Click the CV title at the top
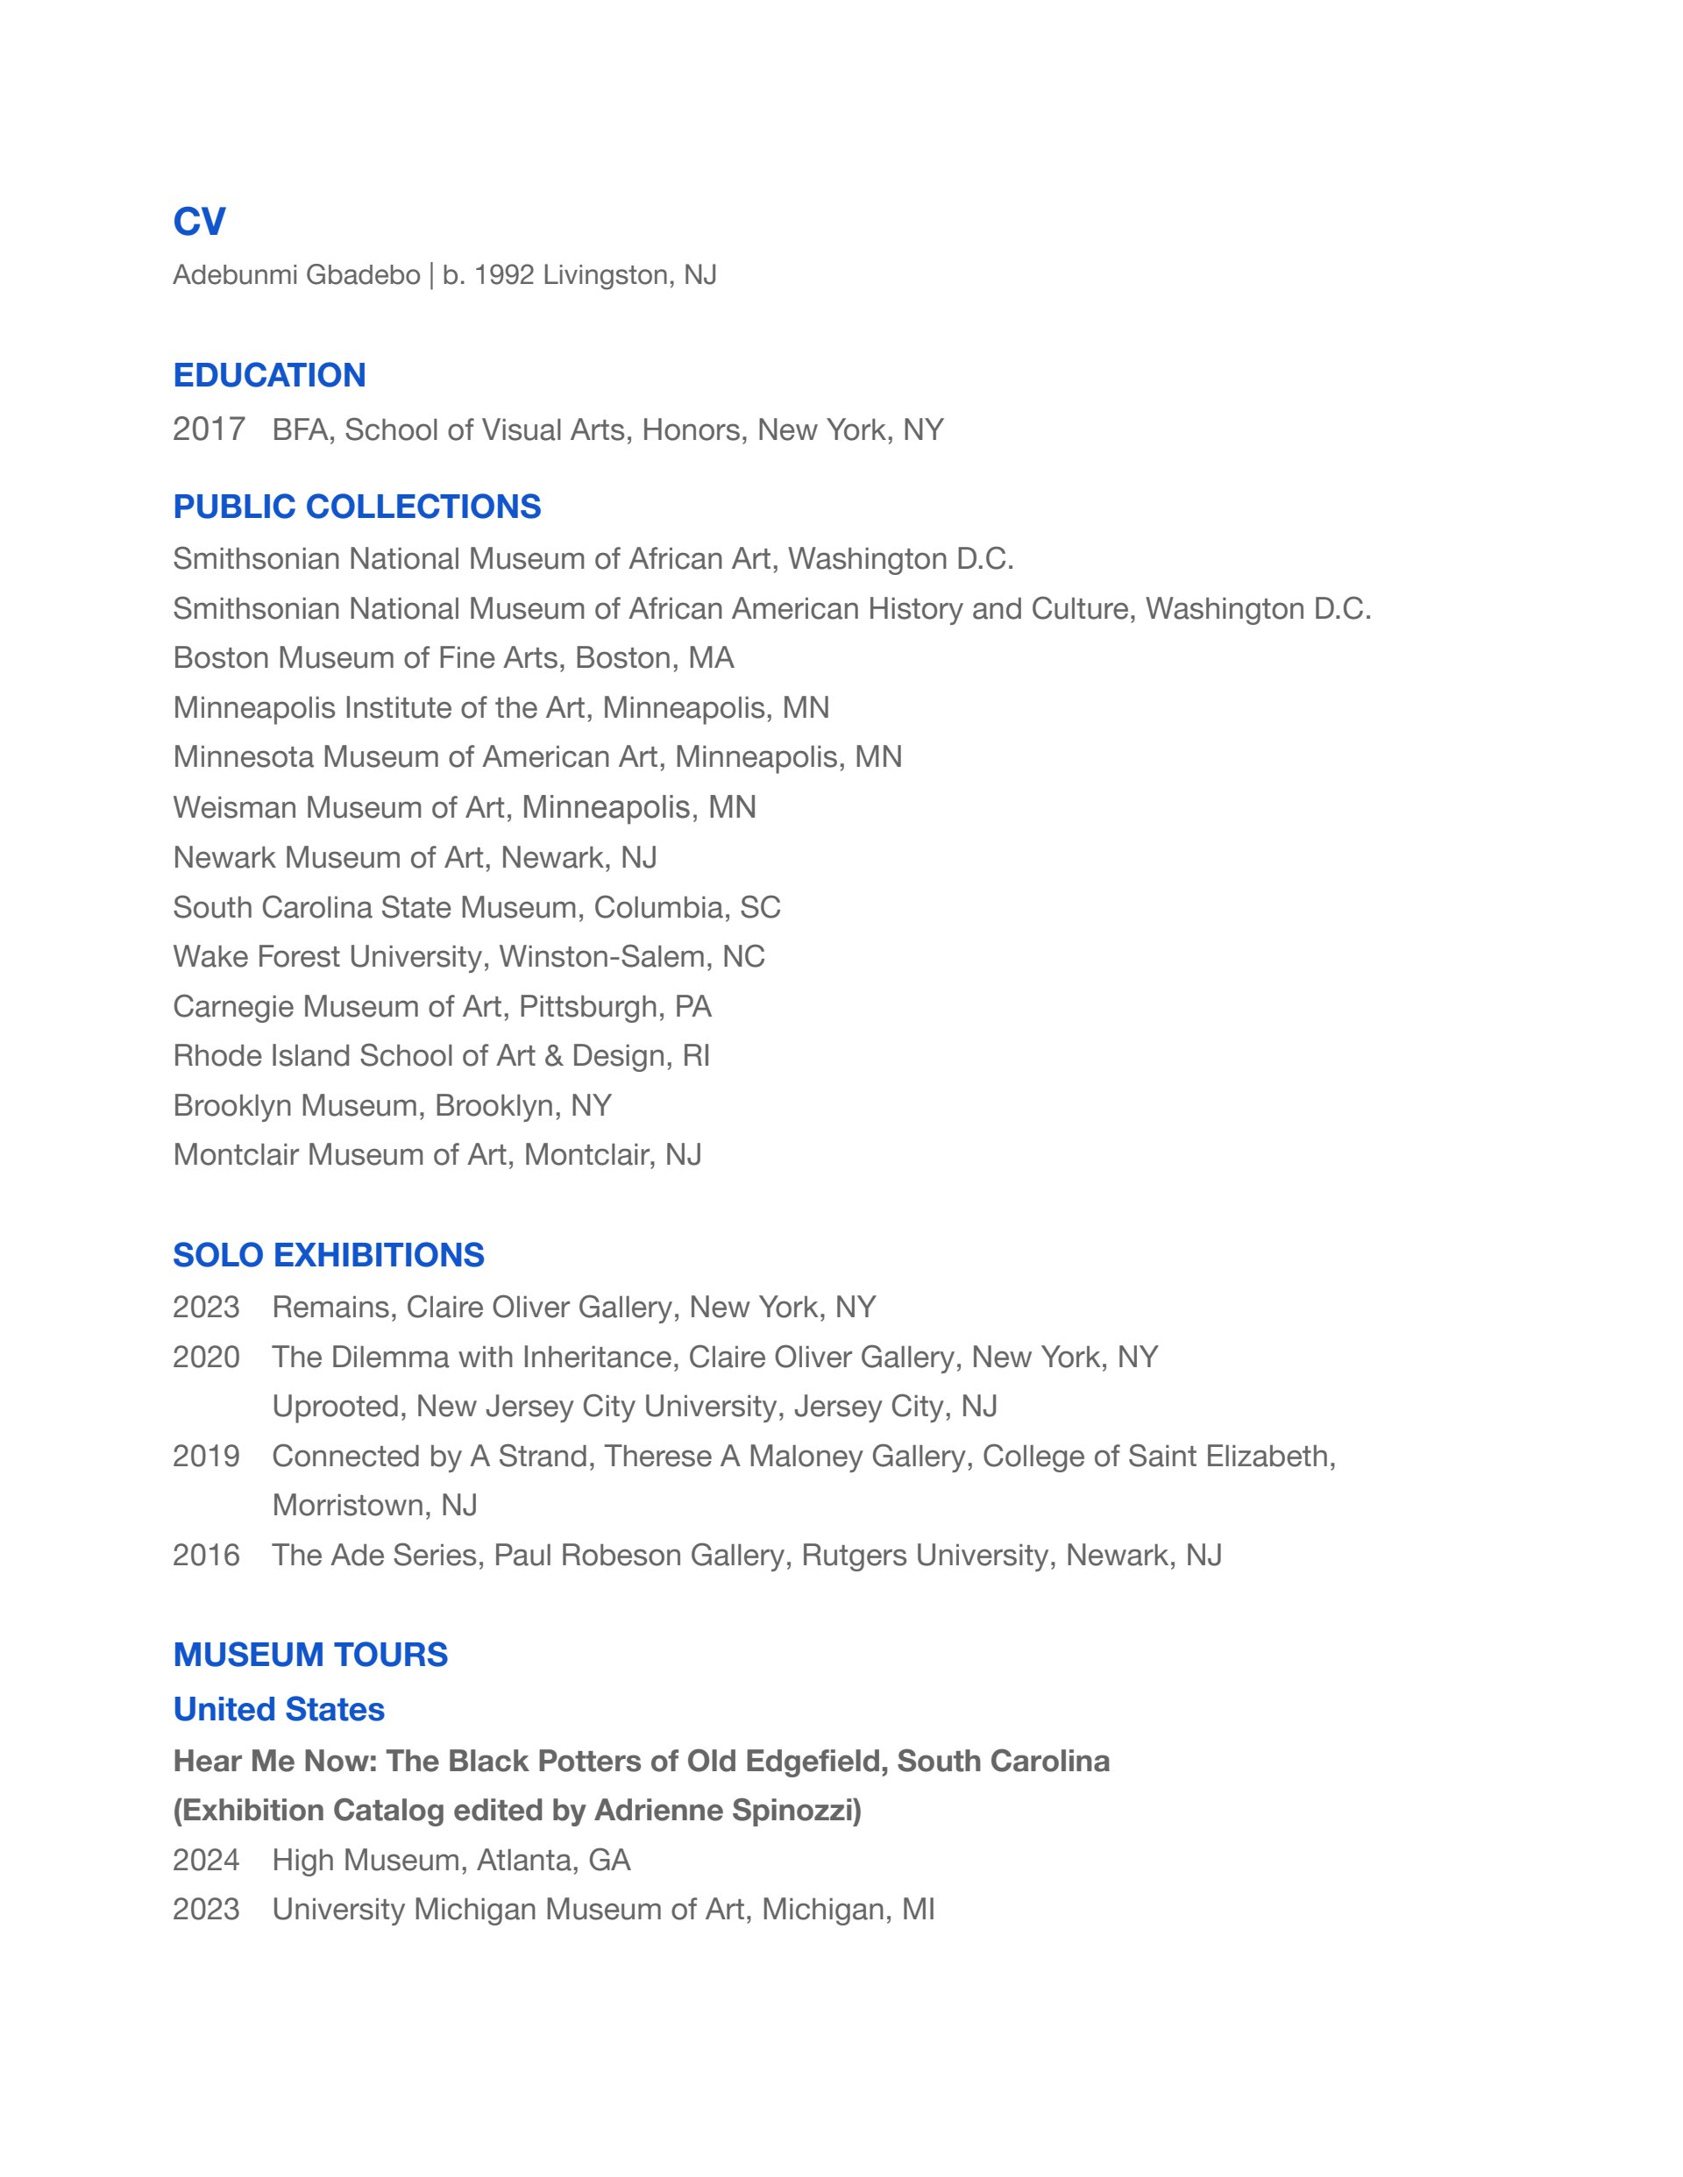[199, 221]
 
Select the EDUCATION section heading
[269, 375]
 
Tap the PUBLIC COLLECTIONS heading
[357, 507]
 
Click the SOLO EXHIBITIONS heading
[328, 1255]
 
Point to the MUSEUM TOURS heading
[310, 1655]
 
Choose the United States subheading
[278, 1710]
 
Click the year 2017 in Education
[209, 429]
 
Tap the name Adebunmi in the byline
[233, 275]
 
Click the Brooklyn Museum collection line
[392, 1105]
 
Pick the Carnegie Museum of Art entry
[442, 1007]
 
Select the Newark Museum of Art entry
[415, 857]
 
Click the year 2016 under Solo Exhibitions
[206, 1555]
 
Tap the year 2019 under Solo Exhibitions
[206, 1457]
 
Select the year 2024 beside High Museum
[206, 1860]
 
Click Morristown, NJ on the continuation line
[375, 1505]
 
